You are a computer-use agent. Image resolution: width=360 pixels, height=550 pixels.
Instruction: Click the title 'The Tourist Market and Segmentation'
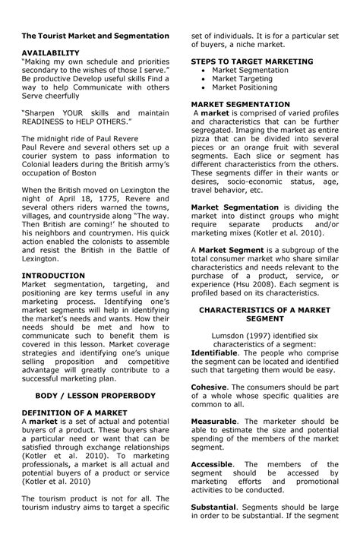pyautogui.click(x=95, y=36)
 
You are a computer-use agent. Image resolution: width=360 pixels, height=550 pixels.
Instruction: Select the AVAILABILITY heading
pyautogui.click(x=52, y=53)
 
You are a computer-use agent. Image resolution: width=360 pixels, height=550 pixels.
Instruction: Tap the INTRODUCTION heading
pyautogui.click(x=53, y=275)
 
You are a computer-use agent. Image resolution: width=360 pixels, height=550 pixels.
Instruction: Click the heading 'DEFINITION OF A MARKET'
pyautogui.click(x=73, y=412)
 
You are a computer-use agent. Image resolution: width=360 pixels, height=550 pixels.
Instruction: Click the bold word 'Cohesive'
pyautogui.click(x=209, y=387)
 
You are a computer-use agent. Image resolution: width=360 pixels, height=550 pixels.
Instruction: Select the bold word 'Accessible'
pyautogui.click(x=212, y=464)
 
